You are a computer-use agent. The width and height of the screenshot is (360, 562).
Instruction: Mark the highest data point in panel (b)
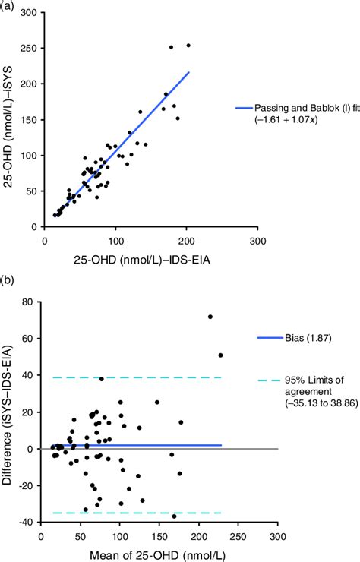(210, 317)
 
